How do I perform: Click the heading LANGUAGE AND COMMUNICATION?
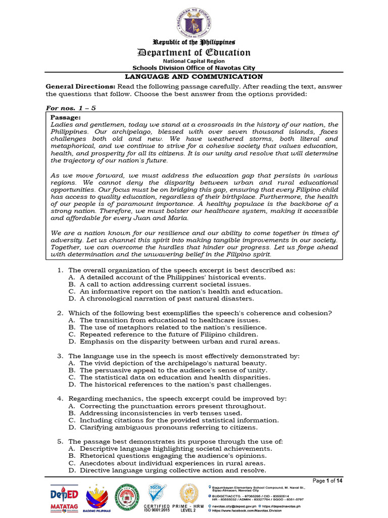194,77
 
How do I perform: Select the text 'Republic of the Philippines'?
194,42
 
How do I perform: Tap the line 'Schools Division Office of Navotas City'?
194,68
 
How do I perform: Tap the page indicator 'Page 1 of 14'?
328,481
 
